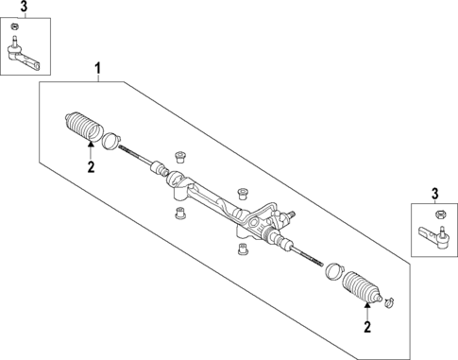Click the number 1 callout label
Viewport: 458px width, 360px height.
click(x=95, y=68)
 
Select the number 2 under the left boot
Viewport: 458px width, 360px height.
click(x=91, y=167)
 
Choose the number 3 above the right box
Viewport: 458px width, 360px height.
click(x=435, y=195)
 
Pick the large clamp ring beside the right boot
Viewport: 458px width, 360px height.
click(x=331, y=272)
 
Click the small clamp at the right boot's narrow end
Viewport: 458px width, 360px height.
click(x=386, y=302)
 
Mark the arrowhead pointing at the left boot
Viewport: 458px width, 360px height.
click(x=91, y=145)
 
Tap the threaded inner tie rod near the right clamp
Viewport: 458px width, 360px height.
click(x=310, y=255)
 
